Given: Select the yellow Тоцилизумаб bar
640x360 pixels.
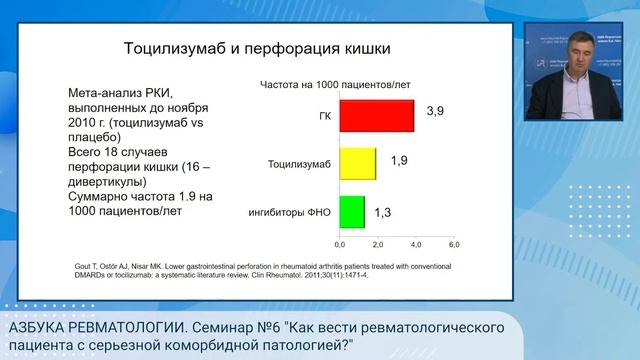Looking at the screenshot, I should (x=357, y=163).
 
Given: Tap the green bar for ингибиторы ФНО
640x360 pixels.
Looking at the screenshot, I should (x=351, y=211).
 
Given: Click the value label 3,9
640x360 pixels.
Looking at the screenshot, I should (x=435, y=110).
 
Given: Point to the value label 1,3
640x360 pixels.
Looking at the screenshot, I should (x=384, y=212).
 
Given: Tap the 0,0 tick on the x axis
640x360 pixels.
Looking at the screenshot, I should (x=339, y=244).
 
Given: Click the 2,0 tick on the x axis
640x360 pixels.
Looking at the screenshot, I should (x=377, y=244).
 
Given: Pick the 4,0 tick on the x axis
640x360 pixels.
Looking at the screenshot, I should (x=415, y=244).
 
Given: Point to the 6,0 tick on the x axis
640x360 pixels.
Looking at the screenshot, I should (x=453, y=244).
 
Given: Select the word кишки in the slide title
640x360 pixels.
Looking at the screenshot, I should (x=362, y=48).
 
